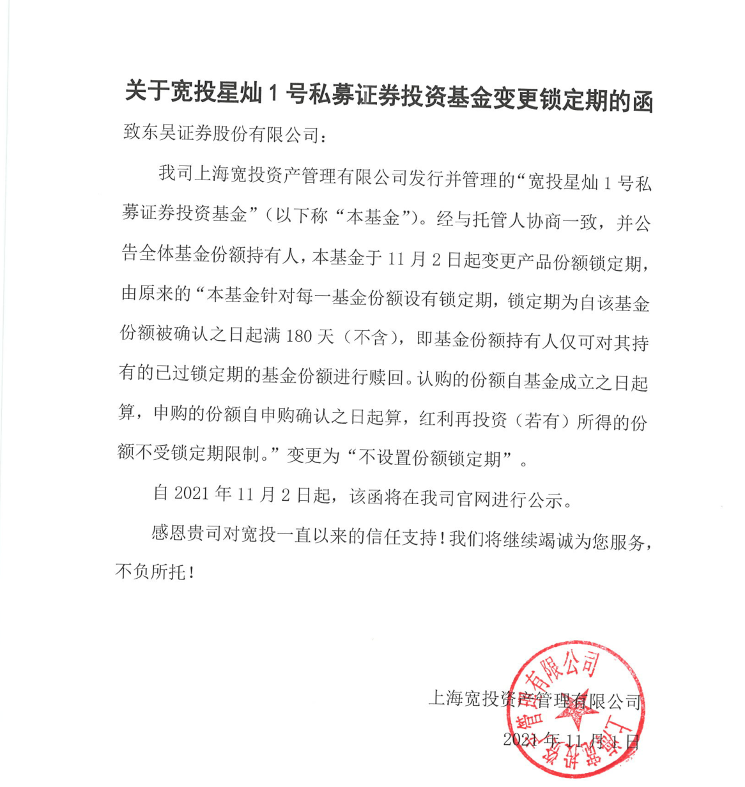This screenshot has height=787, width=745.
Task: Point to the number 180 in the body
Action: pos(299,336)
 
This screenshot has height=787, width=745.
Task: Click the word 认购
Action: pos(434,379)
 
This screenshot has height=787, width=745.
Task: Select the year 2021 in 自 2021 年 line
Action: pos(192,494)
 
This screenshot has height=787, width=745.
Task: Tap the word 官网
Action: pos(473,498)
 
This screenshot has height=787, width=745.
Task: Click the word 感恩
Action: pos(169,533)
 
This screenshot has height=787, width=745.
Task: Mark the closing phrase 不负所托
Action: pos(150,571)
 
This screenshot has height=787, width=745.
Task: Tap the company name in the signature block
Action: pos(534,700)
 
